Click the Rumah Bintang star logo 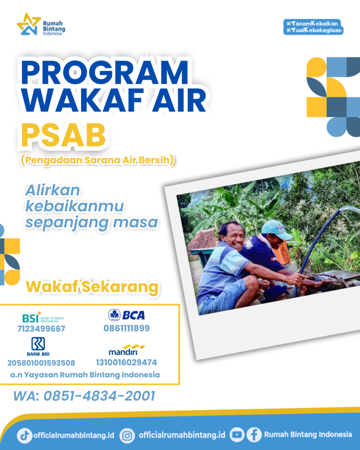(28, 24)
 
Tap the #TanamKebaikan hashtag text (312, 23)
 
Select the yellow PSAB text (63, 135)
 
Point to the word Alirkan (53, 190)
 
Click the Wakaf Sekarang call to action (92, 286)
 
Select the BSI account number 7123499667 (41, 328)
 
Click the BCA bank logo (126, 315)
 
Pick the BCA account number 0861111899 (126, 328)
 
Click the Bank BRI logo (38, 346)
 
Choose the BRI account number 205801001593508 (41, 363)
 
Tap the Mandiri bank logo (126, 350)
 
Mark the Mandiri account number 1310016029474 (126, 362)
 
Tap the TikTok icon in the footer (24, 435)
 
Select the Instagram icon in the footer (127, 436)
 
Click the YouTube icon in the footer (237, 435)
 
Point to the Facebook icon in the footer (254, 435)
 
